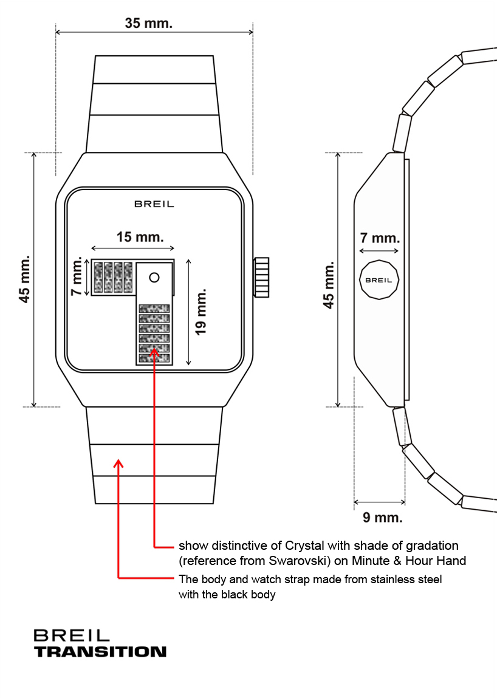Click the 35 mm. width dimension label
coord(149,23)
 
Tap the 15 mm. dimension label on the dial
coord(140,236)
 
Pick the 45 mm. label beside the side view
coord(329,284)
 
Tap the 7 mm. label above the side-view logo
coord(380,237)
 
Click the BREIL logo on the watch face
coord(154,204)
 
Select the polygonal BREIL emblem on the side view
coord(380,279)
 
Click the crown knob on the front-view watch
coord(261,277)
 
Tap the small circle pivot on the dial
coord(154,277)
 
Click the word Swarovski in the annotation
coord(300,560)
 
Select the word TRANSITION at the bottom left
coord(100,651)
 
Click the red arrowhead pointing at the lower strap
coord(119,464)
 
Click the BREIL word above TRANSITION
coord(72,635)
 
